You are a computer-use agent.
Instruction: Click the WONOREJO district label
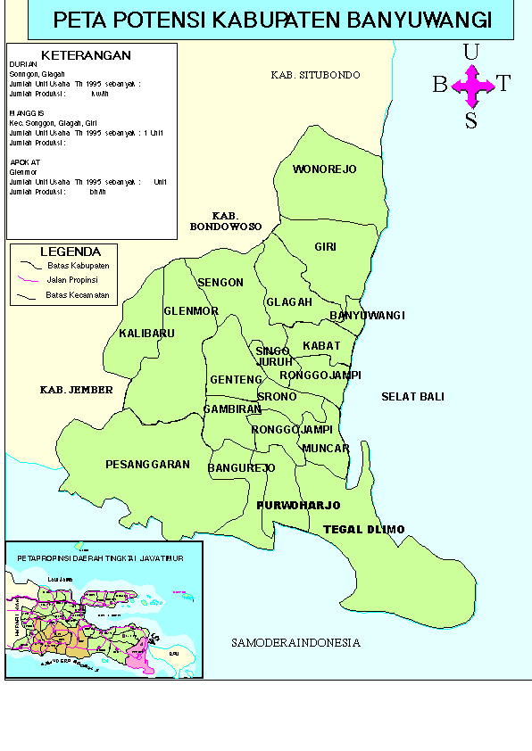[324, 169]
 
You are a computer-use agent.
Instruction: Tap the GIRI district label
[324, 247]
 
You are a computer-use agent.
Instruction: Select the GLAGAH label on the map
[289, 302]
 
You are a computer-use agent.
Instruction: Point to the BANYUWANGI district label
[367, 316]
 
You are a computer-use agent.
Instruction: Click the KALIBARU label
[146, 334]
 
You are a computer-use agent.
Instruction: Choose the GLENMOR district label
[191, 311]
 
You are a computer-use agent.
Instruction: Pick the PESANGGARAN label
[147, 465]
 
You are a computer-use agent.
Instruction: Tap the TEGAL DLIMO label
[363, 530]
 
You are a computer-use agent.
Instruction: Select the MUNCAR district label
[326, 449]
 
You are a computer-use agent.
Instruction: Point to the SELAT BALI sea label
[412, 397]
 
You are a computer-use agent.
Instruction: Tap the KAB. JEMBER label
[77, 391]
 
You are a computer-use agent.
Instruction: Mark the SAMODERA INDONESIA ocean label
[295, 643]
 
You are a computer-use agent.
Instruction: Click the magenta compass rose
[472, 86]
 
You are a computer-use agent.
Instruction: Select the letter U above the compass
[471, 53]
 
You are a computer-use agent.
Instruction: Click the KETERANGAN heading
[87, 55]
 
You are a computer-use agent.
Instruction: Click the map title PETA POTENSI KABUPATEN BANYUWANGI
[271, 21]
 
